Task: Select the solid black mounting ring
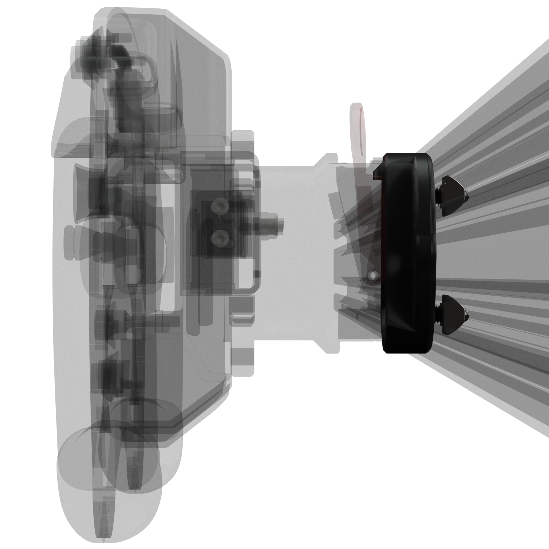(x=409, y=253)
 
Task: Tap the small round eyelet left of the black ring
(x=373, y=275)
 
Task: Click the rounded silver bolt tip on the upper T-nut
(x=467, y=194)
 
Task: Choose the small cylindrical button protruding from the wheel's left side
(x=70, y=243)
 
